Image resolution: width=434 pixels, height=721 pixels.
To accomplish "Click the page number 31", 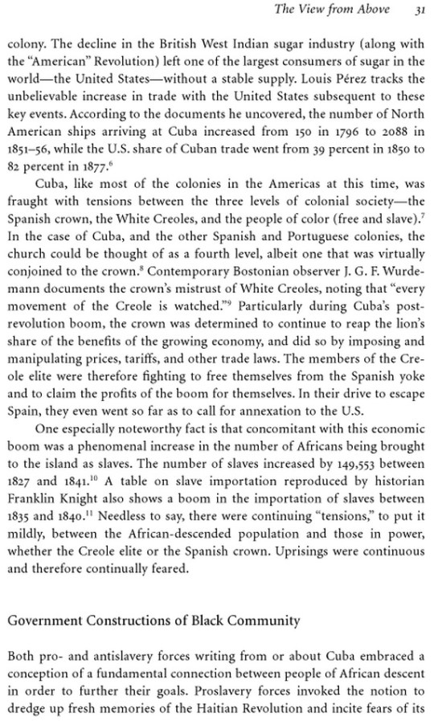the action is (420, 10).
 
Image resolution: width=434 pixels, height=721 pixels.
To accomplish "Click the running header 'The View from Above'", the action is (343, 10).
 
